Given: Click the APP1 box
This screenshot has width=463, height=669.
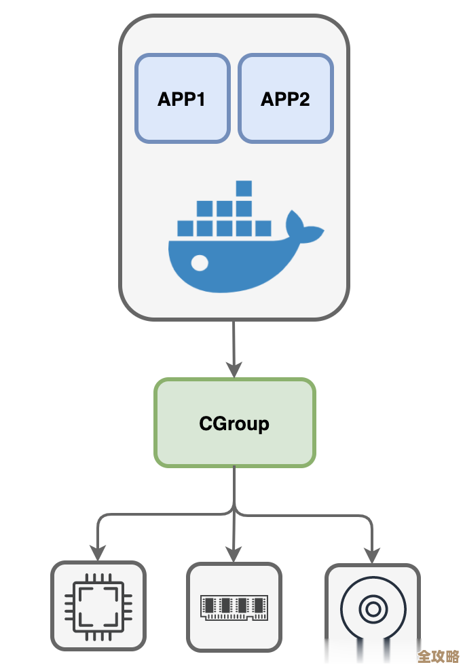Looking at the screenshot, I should click(182, 99).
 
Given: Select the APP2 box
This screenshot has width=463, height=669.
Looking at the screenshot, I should click(285, 99).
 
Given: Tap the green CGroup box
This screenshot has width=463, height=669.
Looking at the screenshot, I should click(235, 423).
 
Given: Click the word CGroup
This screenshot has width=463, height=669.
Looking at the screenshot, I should click(234, 423).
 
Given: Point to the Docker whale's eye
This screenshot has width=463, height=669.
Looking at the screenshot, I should click(200, 262).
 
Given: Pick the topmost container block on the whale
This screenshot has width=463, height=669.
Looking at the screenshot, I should click(244, 188).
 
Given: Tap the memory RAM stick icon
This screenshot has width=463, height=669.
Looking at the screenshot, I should click(234, 607).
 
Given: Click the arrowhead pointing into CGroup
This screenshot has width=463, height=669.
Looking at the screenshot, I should click(234, 370).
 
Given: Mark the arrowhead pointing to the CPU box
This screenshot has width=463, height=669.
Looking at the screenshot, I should click(98, 553).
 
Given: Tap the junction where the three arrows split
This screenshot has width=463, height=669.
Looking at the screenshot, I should click(235, 510).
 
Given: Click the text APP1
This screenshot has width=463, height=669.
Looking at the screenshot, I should click(181, 99).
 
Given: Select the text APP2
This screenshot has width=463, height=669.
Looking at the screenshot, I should click(285, 99).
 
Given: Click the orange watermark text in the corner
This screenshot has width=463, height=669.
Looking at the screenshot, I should click(438, 656).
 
